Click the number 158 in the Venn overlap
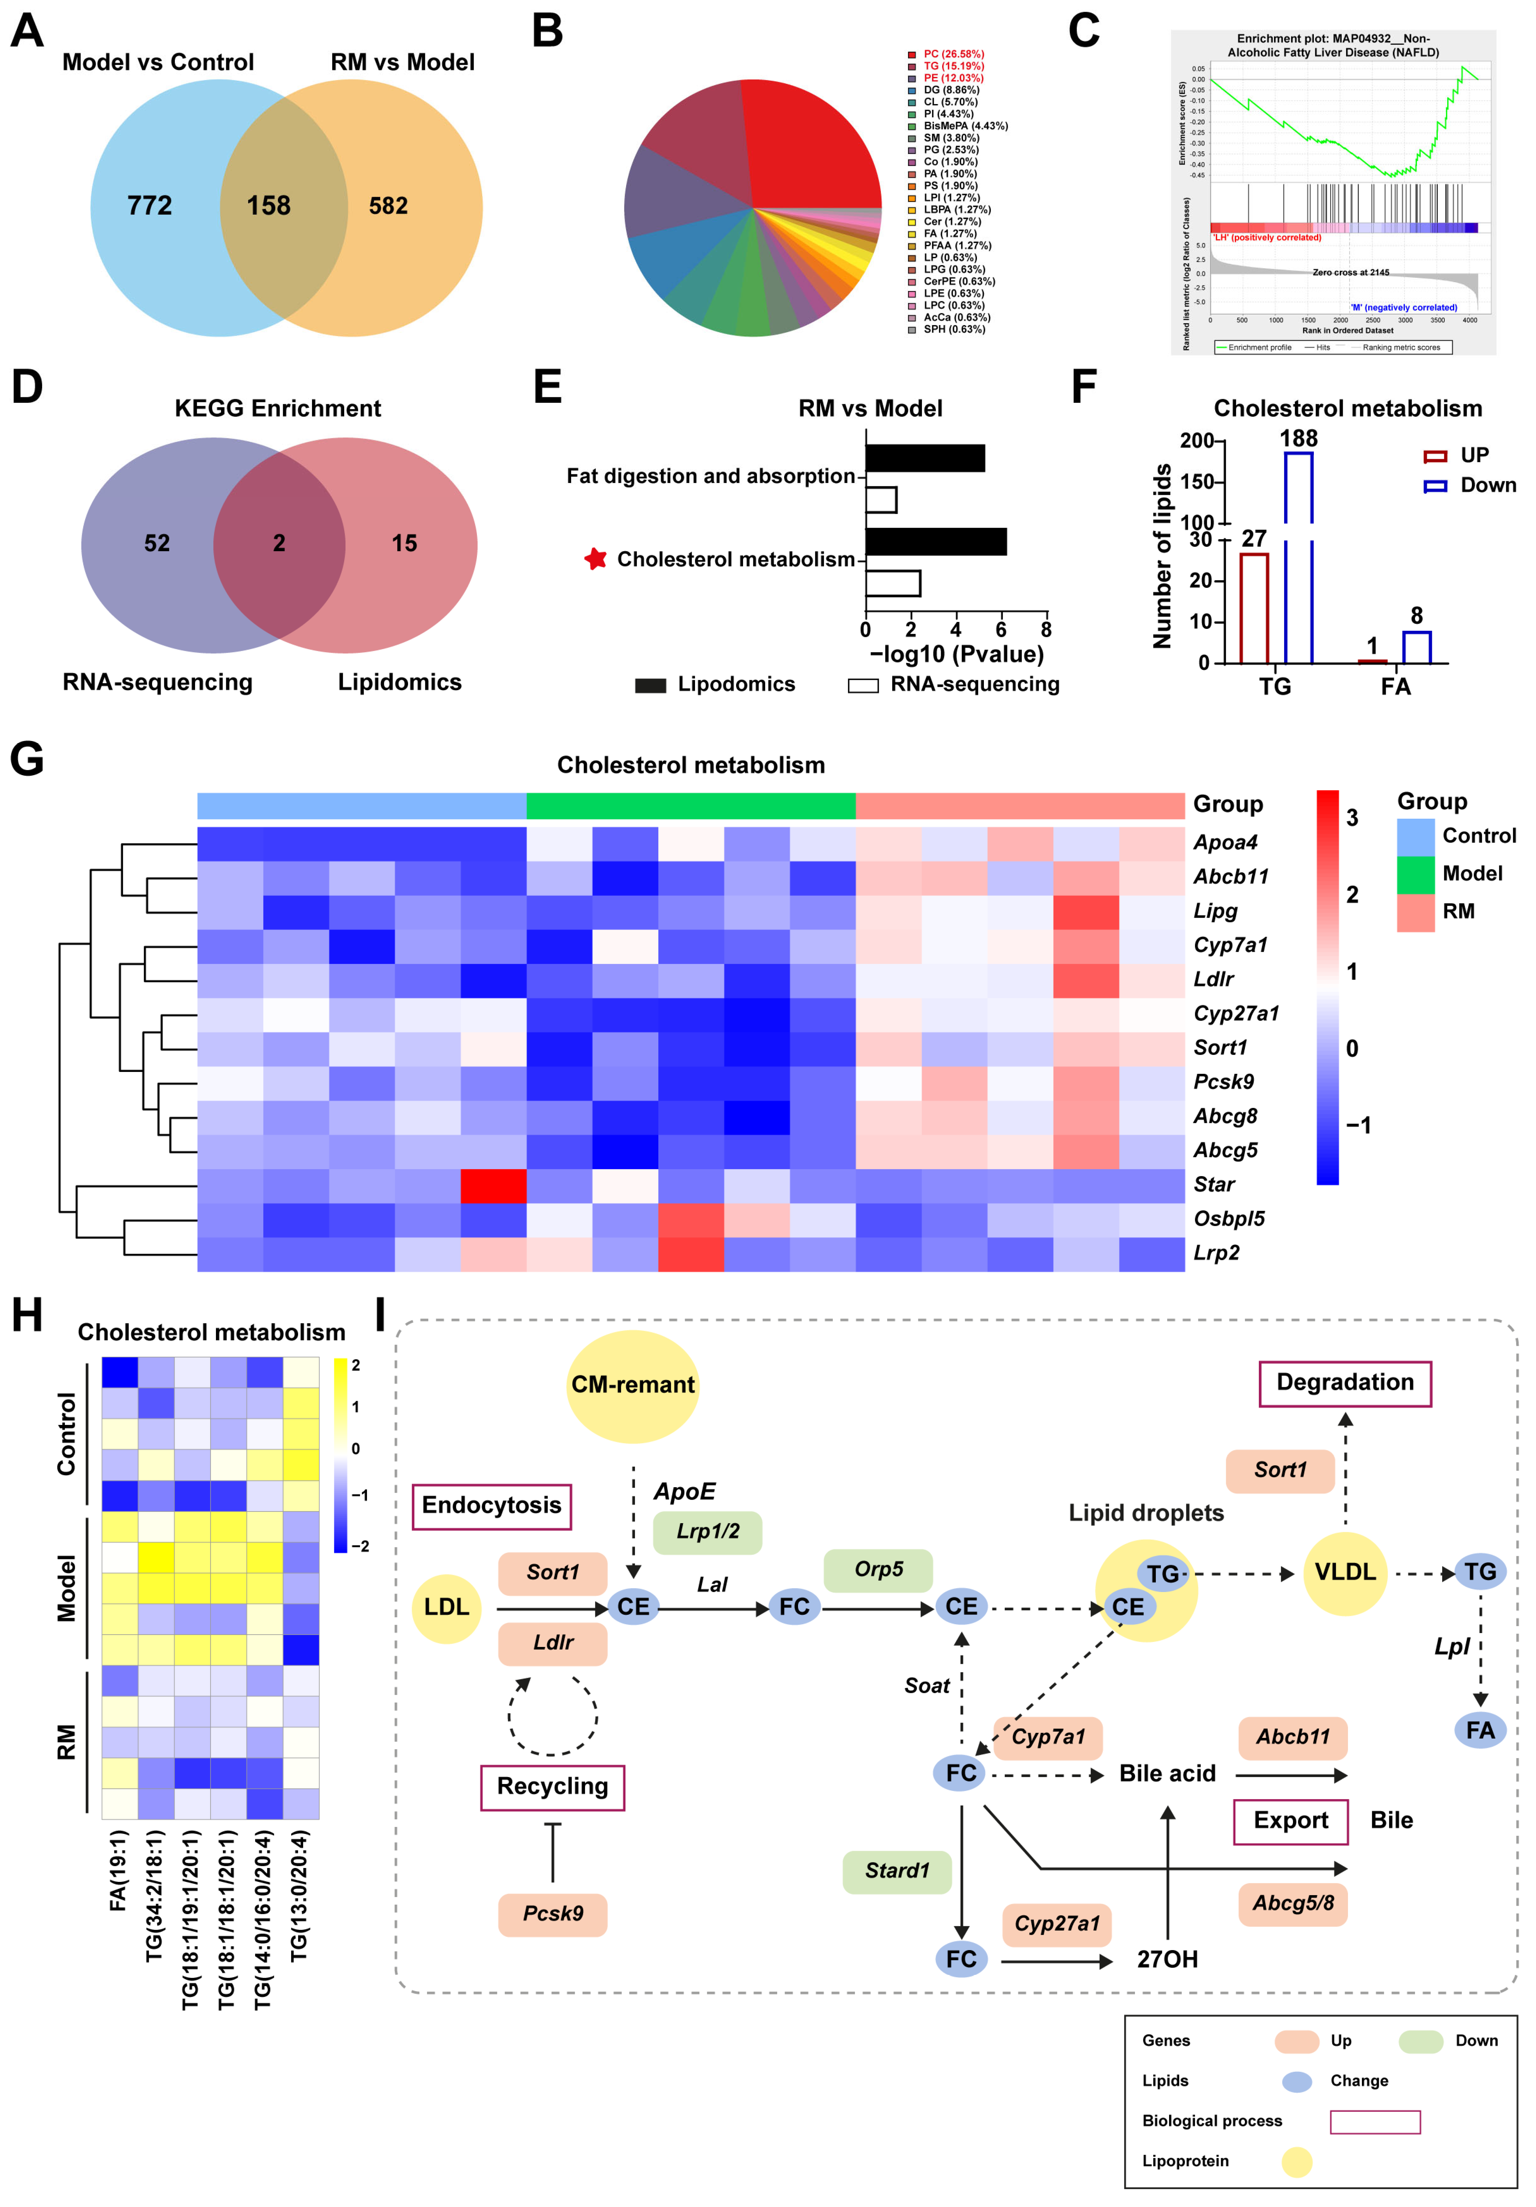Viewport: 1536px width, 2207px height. (268, 206)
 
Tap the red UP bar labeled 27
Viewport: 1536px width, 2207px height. (1253, 608)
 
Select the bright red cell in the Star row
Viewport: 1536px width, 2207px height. (493, 1185)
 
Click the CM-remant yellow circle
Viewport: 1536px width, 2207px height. (632, 1385)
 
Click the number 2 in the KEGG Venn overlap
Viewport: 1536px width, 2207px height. (279, 543)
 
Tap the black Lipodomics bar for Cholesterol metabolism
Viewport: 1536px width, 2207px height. (935, 541)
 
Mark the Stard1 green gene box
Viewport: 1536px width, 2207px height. (897, 1871)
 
